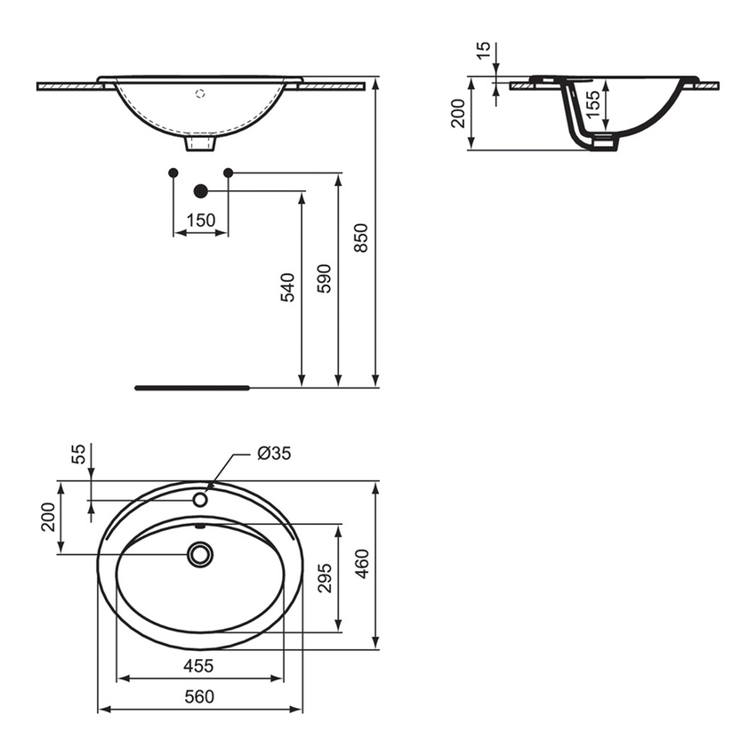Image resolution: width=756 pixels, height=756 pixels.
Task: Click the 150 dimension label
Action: (x=201, y=221)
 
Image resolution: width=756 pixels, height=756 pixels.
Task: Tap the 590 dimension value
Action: (x=325, y=278)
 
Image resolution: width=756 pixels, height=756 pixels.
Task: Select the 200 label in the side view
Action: (x=458, y=114)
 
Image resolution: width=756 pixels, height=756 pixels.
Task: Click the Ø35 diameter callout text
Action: (x=273, y=454)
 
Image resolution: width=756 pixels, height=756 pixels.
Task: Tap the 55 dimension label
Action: (x=79, y=454)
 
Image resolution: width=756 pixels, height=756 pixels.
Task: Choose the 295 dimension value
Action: (x=326, y=578)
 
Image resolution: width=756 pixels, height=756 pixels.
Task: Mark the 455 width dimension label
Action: (x=198, y=665)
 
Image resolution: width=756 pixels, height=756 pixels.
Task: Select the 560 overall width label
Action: (x=198, y=696)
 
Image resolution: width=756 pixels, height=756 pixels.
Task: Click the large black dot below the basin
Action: (x=200, y=190)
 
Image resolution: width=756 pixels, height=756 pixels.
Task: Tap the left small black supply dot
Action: (x=173, y=172)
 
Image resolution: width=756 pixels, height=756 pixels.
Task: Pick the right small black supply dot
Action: (x=228, y=172)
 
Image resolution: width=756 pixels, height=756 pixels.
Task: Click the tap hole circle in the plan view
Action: (x=200, y=500)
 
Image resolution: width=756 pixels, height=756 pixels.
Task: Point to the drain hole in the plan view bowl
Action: (x=200, y=555)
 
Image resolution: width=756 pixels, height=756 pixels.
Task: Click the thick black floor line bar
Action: (x=192, y=388)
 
